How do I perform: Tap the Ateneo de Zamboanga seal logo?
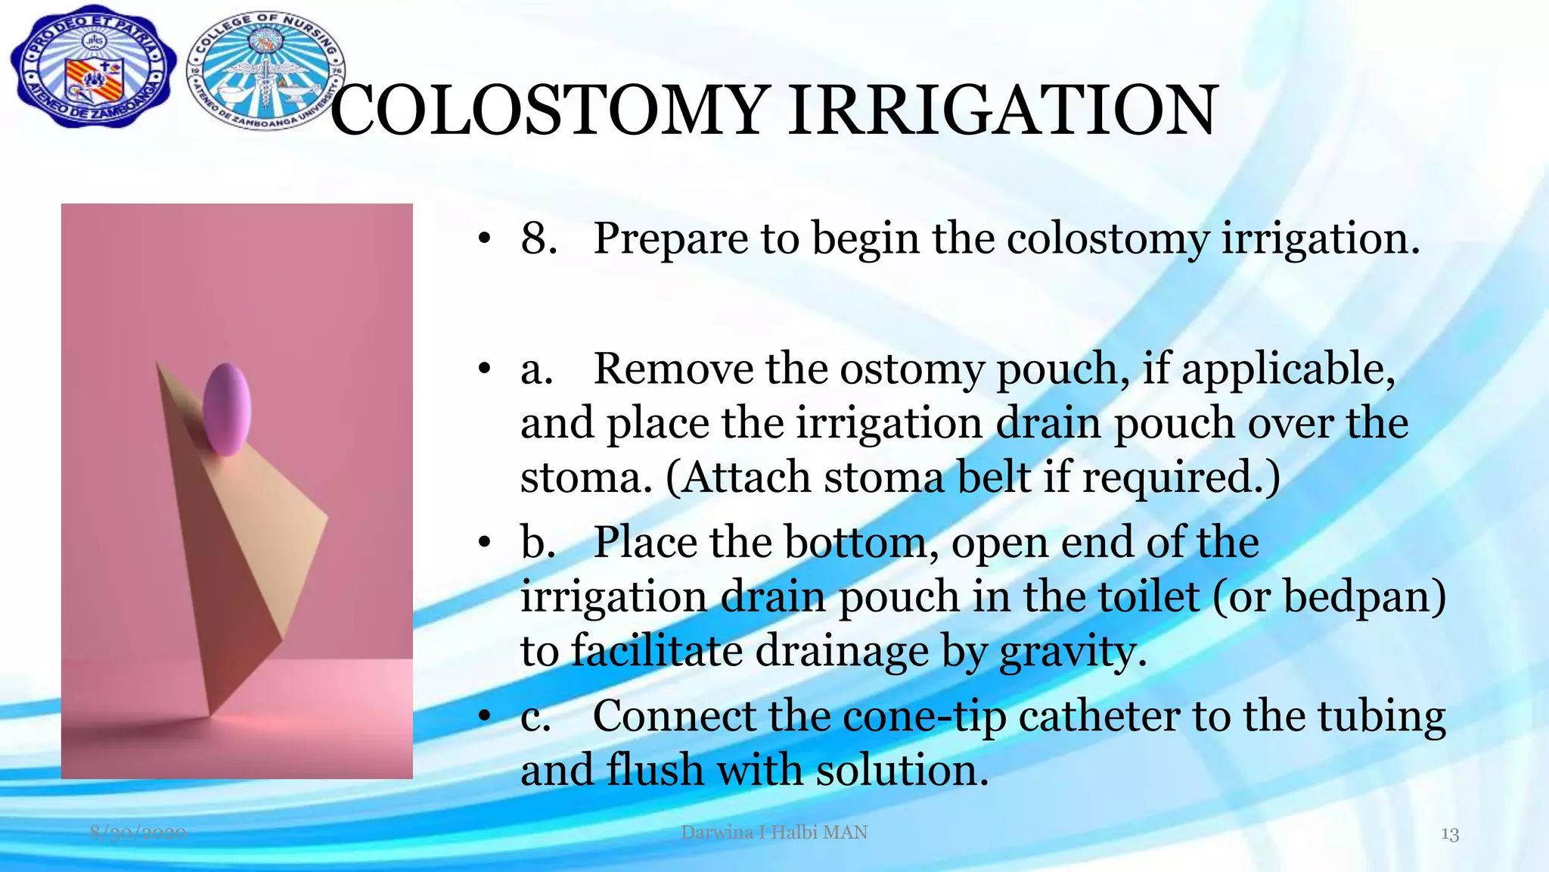(92, 69)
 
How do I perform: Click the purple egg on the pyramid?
(227, 409)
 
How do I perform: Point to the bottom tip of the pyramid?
(210, 715)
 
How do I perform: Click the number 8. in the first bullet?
(539, 238)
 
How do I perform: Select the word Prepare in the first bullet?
(670, 240)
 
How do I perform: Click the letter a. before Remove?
(536, 370)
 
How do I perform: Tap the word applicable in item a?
(1287, 371)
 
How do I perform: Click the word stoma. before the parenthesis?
(585, 478)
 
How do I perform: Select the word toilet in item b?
(1148, 597)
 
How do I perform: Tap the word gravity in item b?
(1073, 652)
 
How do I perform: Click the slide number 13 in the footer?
(1449, 834)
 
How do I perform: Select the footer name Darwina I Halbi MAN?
(774, 833)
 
